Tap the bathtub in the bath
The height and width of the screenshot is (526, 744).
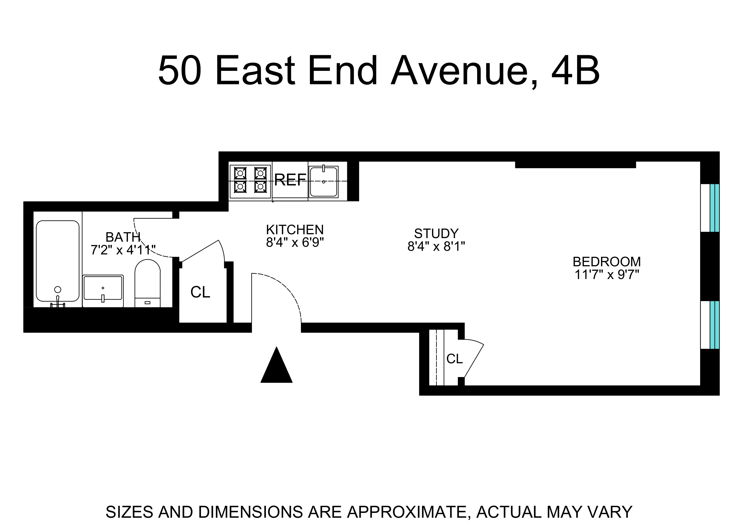point(58,261)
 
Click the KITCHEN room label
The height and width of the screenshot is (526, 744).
point(295,230)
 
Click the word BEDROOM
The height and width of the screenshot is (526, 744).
point(607,262)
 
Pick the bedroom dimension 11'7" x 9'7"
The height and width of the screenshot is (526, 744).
point(607,275)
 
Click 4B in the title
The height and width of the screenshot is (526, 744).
point(575,71)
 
